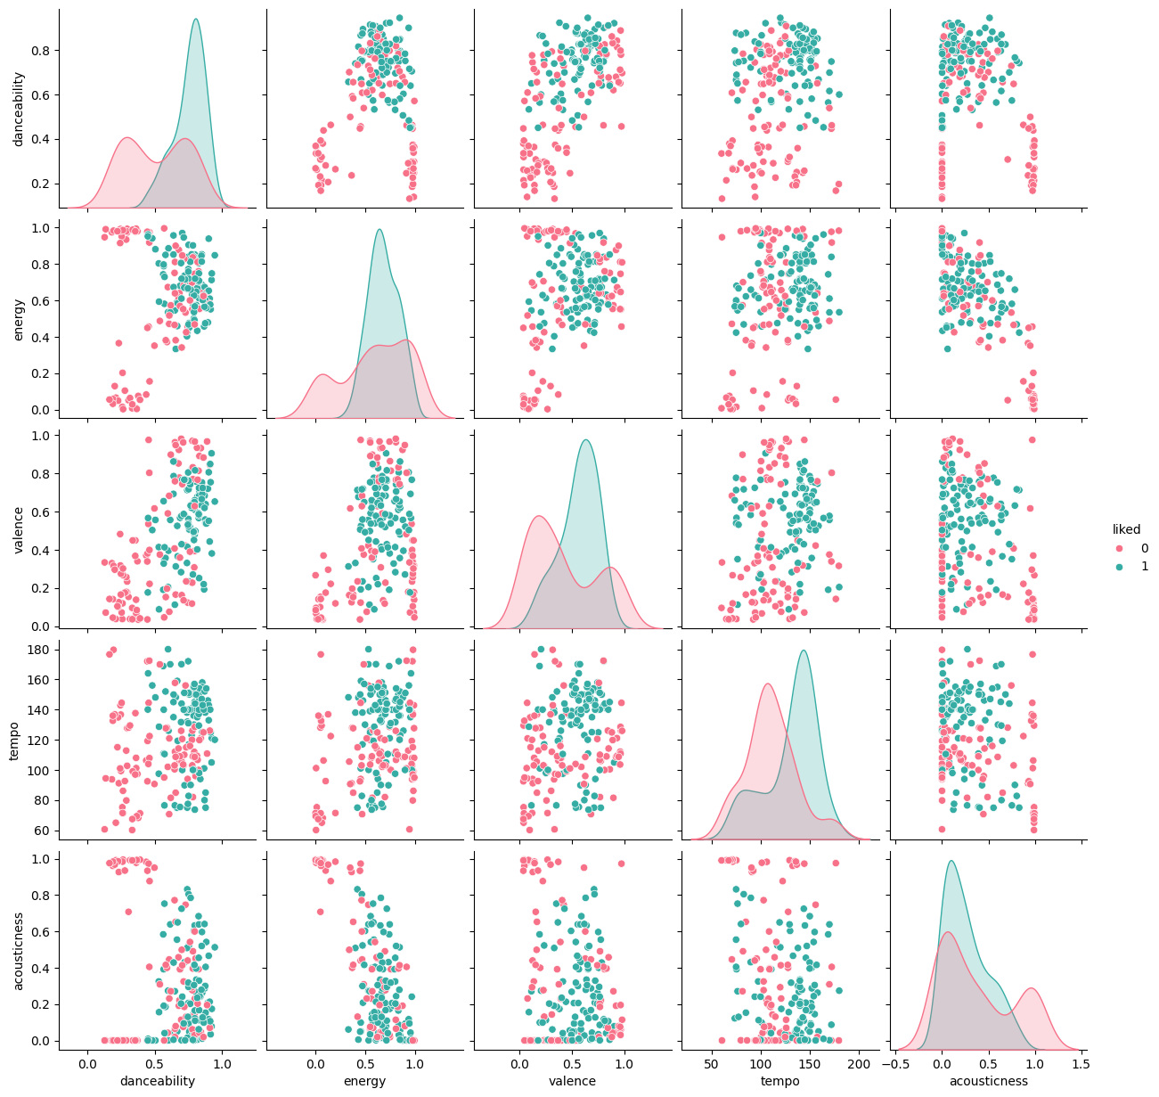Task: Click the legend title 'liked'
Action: (x=1126, y=529)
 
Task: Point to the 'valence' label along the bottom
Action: (x=571, y=1081)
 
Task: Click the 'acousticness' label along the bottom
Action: (x=987, y=1081)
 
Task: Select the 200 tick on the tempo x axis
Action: (x=859, y=1063)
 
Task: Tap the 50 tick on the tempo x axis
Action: (x=712, y=1063)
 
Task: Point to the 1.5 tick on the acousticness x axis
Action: (x=1081, y=1063)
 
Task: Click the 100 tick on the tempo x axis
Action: (x=761, y=1063)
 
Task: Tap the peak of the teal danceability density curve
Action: (x=195, y=20)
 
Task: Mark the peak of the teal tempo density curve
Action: (x=804, y=651)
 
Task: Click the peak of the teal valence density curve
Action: (x=585, y=440)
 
